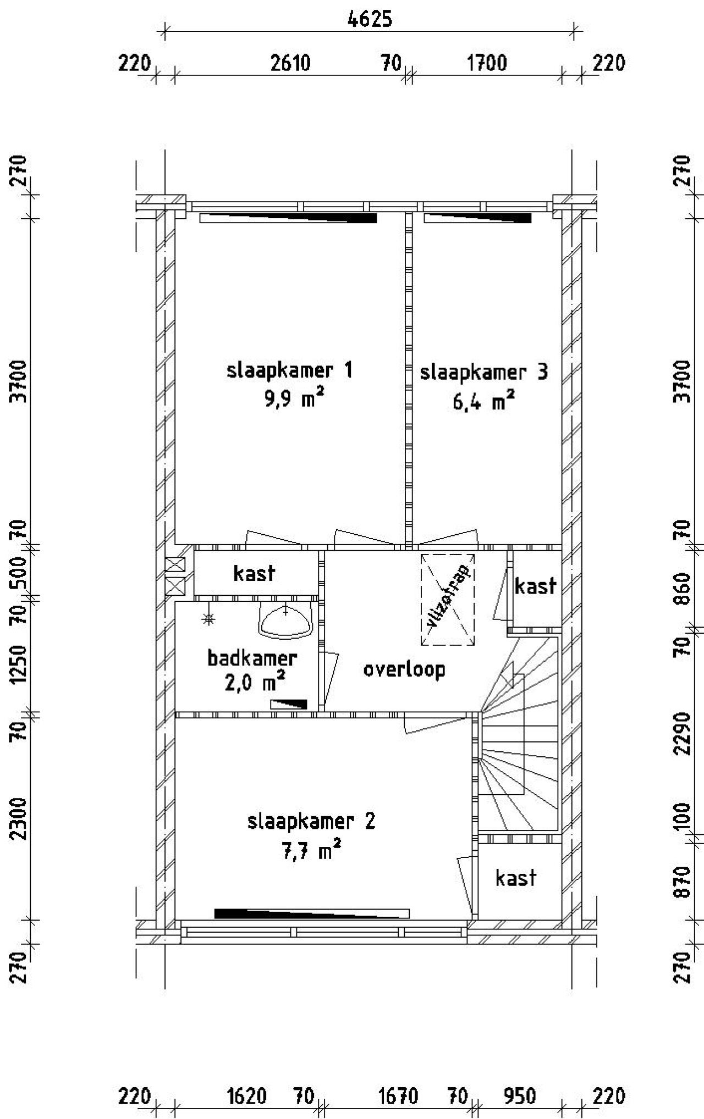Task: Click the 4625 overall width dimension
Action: [370, 19]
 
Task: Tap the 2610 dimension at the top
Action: [290, 63]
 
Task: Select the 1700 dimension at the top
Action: [487, 63]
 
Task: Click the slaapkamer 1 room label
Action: [289, 370]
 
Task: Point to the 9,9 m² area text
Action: [294, 398]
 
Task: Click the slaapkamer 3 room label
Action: [484, 372]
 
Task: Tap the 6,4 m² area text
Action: [483, 401]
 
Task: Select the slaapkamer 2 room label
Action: [311, 822]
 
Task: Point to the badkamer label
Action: [252, 658]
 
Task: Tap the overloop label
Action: [404, 669]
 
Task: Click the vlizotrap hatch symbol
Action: [448, 599]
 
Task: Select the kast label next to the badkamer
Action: [254, 573]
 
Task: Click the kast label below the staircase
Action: [515, 878]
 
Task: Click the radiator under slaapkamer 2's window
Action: [312, 914]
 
